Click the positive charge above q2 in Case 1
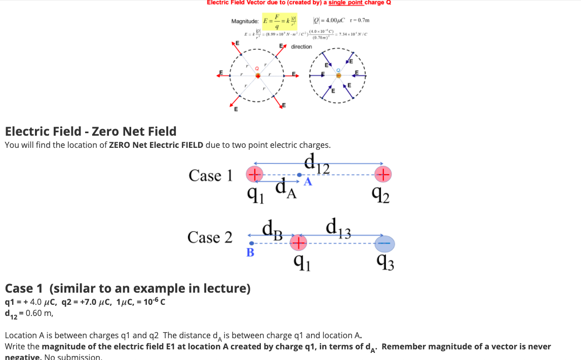383,174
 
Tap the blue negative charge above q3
384,244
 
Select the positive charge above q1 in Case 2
298,244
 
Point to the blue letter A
307,183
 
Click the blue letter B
250,253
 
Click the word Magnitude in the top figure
245,21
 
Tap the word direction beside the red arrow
301,47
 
